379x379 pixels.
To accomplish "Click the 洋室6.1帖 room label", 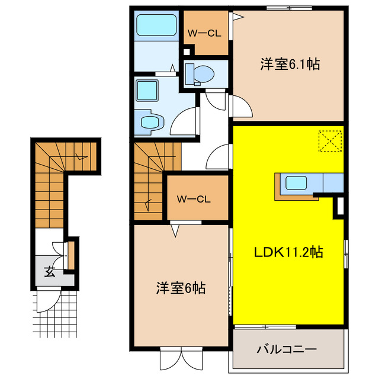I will tap(290, 65).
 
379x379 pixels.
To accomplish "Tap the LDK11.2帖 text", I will tap(288, 252).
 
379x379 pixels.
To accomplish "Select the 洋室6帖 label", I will tap(181, 288).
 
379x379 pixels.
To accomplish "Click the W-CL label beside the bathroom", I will tap(204, 33).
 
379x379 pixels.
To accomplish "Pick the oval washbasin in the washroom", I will tap(150, 122).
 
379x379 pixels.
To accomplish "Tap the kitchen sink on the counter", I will tap(294, 183).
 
